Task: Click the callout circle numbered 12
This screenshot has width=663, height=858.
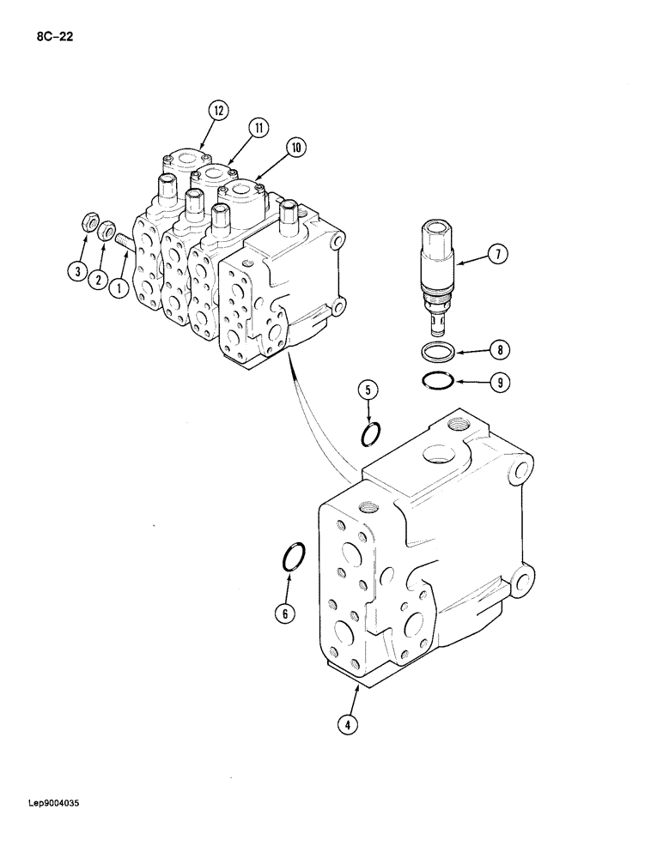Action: click(218, 110)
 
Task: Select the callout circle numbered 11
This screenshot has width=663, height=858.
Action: click(258, 129)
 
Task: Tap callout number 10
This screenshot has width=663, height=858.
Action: click(295, 148)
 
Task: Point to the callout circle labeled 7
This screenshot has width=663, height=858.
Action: click(499, 253)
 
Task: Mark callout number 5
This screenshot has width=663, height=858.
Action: click(368, 391)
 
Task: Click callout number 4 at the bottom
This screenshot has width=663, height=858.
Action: click(347, 724)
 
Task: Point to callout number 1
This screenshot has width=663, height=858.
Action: click(119, 288)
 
